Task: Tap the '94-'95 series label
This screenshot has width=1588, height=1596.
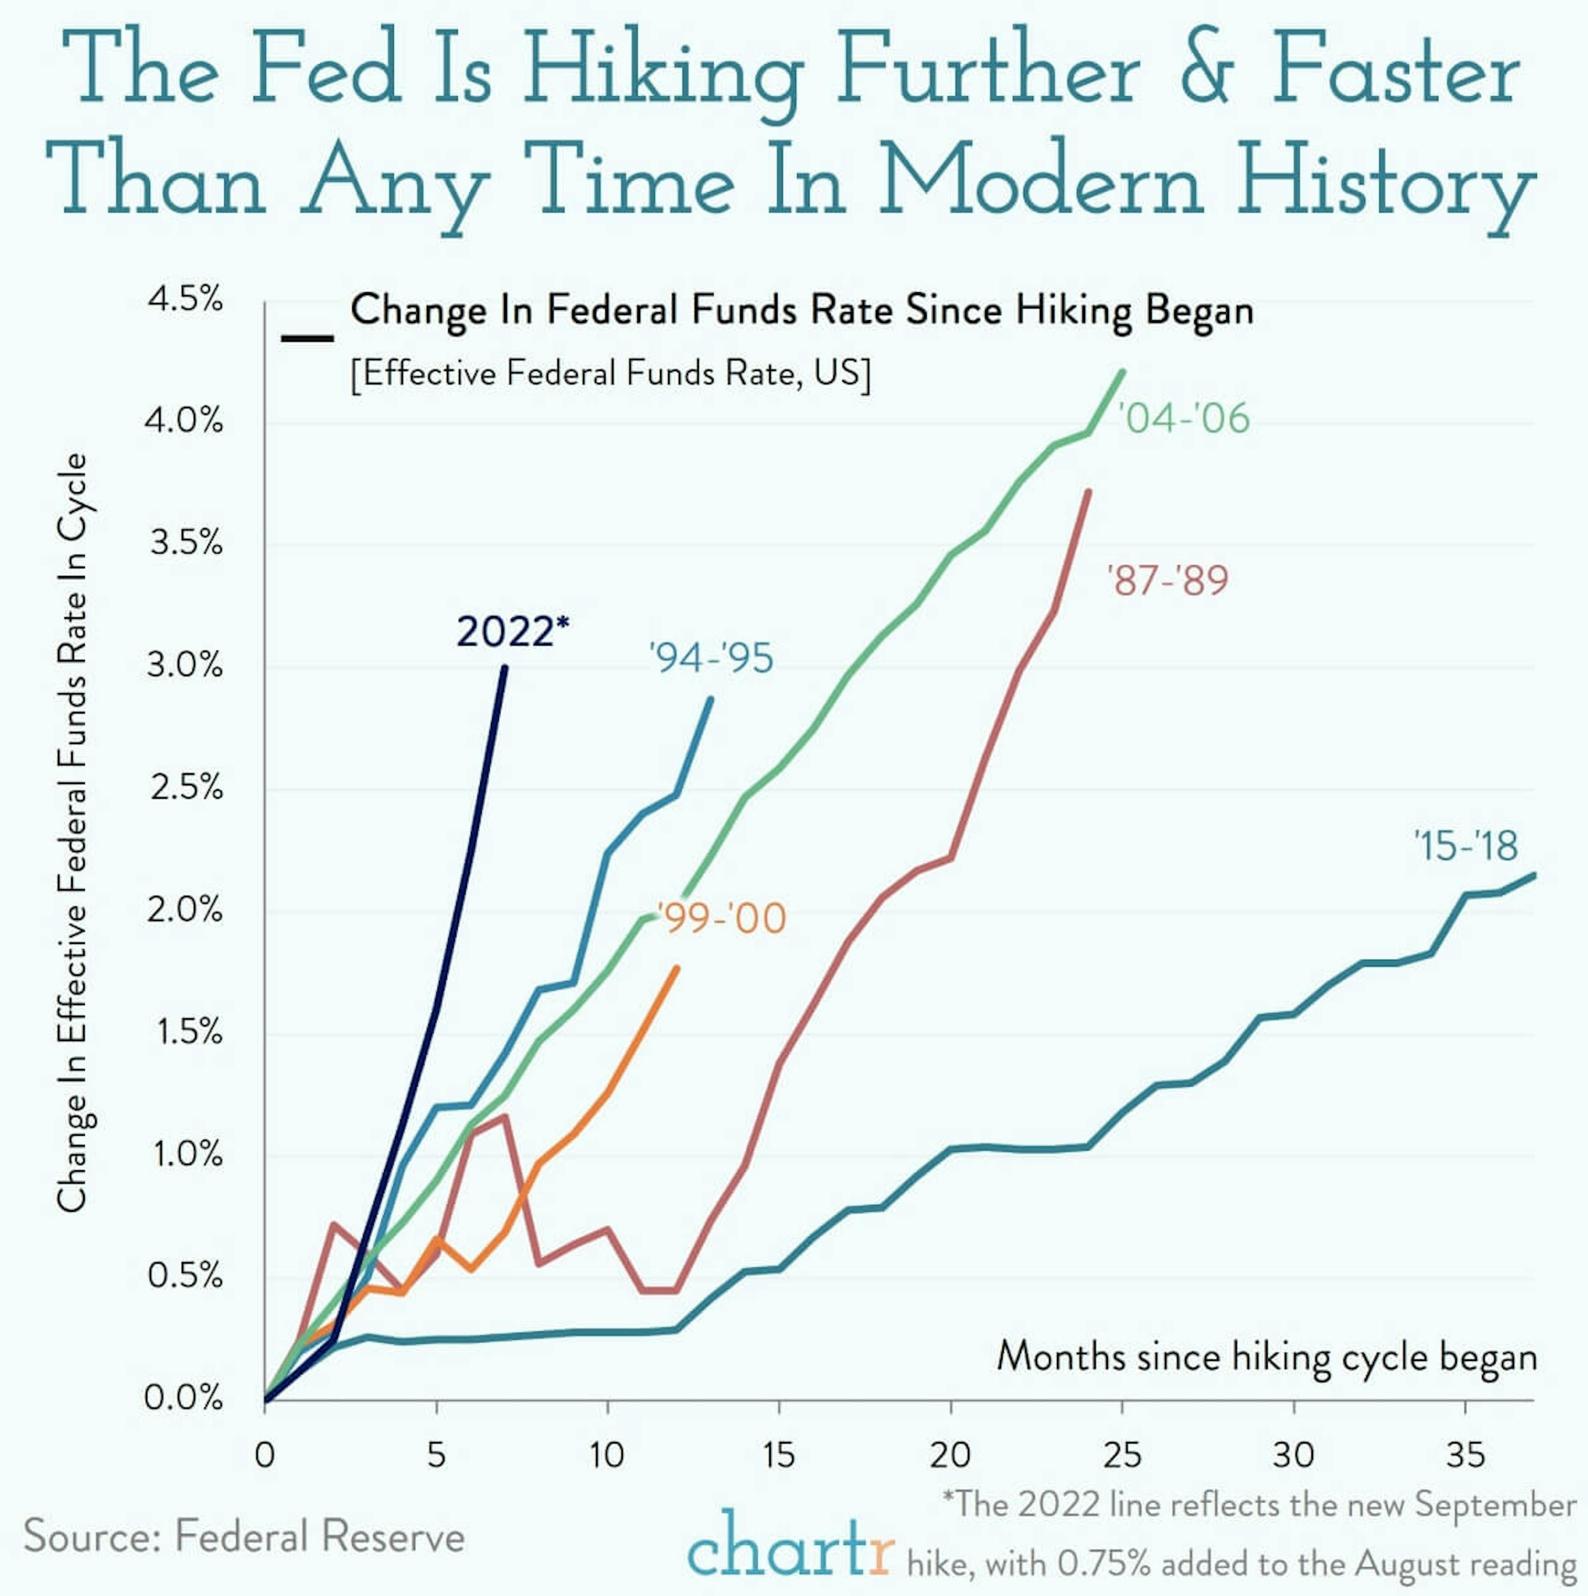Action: click(711, 658)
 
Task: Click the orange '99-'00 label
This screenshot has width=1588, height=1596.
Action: click(721, 919)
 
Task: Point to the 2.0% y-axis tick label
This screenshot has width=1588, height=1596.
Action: click(185, 910)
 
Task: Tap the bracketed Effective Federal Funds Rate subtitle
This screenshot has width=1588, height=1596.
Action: click(610, 373)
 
